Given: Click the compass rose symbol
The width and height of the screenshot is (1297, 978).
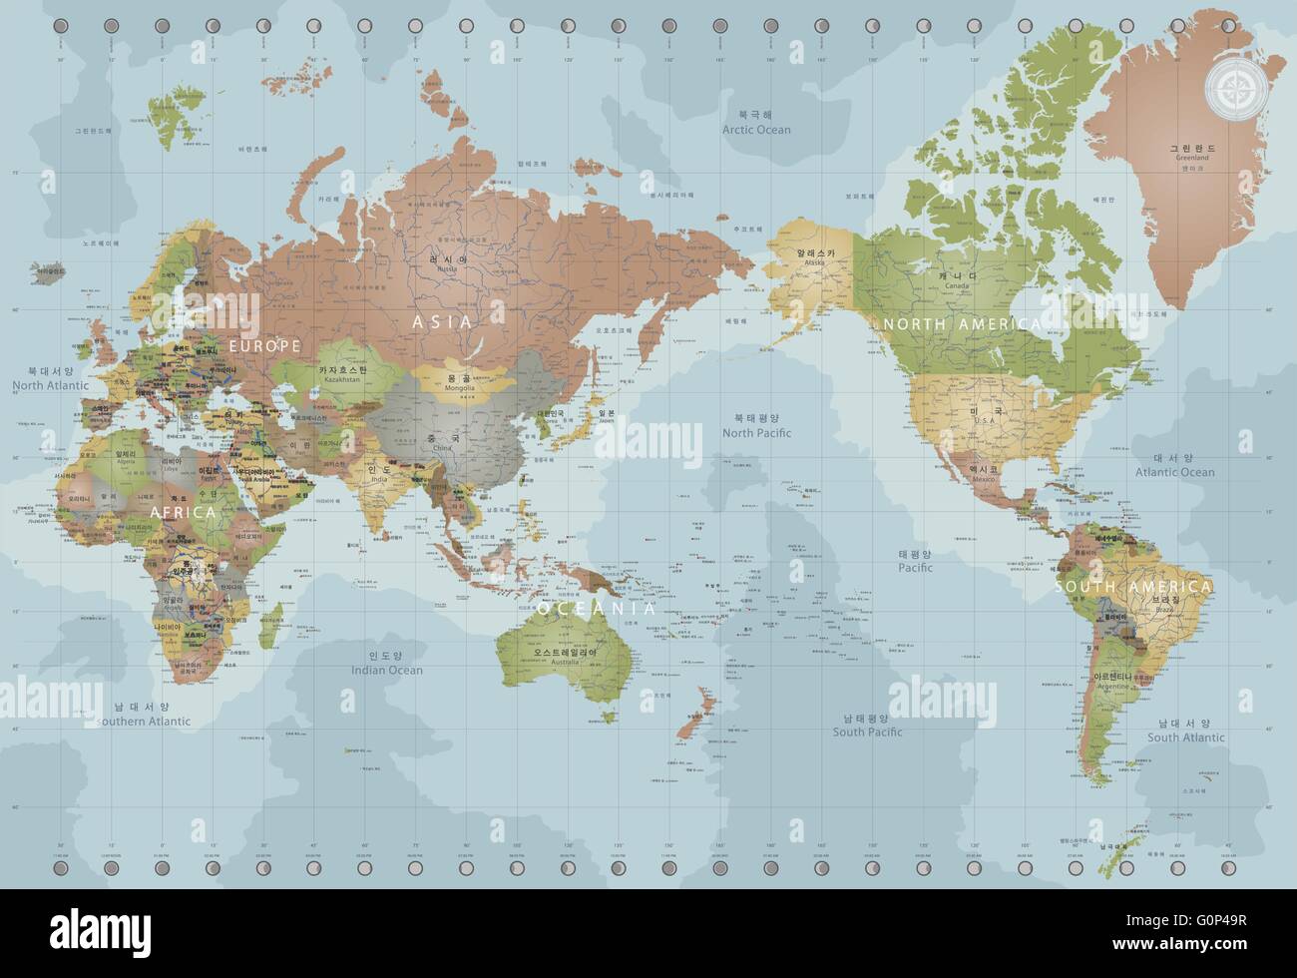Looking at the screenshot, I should pyautogui.click(x=1234, y=89).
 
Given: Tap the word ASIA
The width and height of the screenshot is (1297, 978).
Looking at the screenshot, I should pyautogui.click(x=443, y=321).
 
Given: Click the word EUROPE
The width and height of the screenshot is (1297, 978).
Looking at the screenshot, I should pyautogui.click(x=265, y=345).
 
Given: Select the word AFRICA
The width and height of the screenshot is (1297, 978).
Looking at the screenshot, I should pyautogui.click(x=182, y=512).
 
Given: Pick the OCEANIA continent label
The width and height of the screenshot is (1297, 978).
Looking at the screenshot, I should pyautogui.click(x=597, y=608).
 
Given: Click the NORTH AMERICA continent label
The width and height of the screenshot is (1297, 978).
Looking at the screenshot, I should pyautogui.click(x=961, y=324).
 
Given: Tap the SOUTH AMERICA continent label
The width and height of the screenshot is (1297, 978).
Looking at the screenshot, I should pyautogui.click(x=1133, y=587).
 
